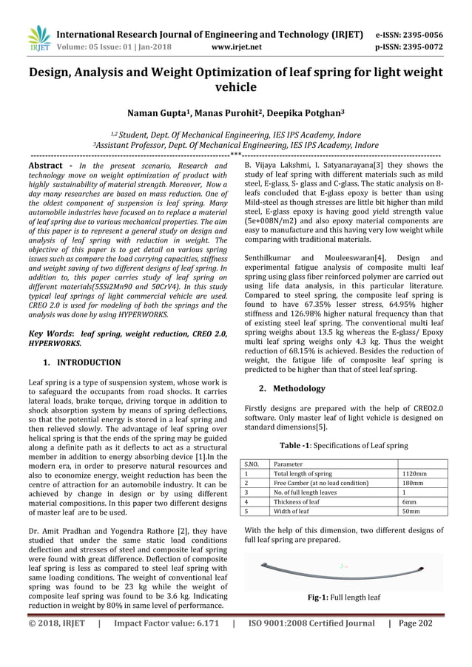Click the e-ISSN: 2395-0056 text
(x=409, y=34)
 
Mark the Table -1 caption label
(x=297, y=446)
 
